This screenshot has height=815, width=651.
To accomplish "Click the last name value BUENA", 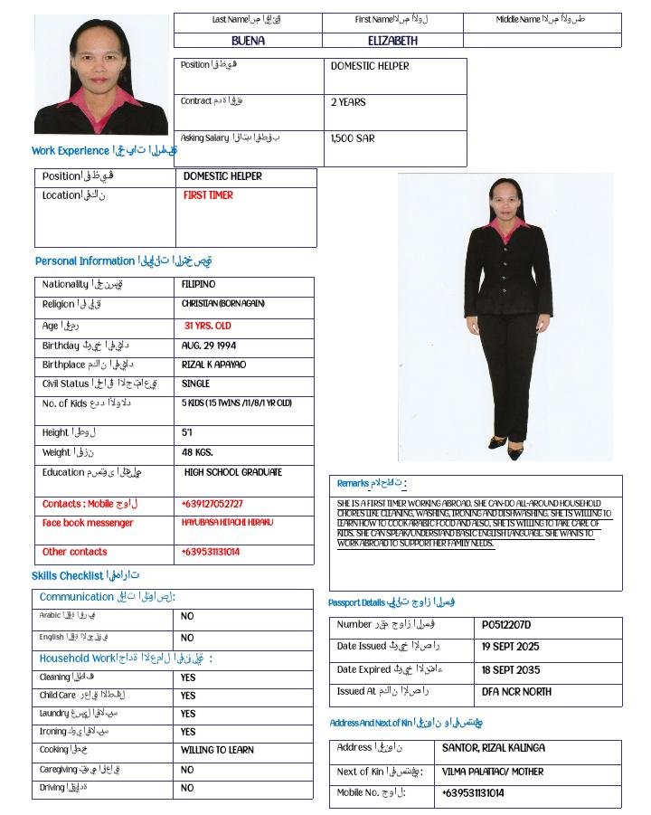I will [x=249, y=41].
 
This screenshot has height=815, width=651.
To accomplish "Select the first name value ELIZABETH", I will [x=392, y=41].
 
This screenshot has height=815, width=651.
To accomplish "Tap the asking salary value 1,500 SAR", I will [x=353, y=138].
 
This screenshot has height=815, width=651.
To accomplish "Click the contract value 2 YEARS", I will [x=348, y=102].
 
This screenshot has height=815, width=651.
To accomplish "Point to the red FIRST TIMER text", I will [x=208, y=195].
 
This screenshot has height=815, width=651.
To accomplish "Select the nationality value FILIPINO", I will [x=199, y=285].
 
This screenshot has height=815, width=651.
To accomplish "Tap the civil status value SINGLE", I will [x=196, y=384].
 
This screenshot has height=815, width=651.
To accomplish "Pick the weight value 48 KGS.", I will [x=197, y=452].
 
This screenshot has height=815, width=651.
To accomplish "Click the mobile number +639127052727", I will [x=212, y=504].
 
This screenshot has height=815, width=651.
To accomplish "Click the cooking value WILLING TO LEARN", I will [x=217, y=750].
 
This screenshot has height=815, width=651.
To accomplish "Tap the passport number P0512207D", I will [x=506, y=625].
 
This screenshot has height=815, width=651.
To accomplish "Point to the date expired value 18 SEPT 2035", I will [x=511, y=670].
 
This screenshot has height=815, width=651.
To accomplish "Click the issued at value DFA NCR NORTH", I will [x=516, y=692].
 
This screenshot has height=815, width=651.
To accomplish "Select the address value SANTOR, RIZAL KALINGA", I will [x=493, y=748].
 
